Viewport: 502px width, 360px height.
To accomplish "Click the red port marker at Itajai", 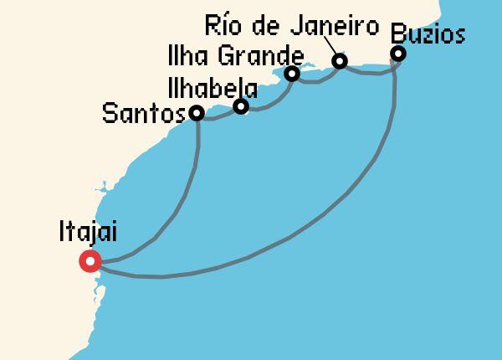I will tap(90, 261).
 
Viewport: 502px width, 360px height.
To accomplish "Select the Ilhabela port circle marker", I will tap(241, 106).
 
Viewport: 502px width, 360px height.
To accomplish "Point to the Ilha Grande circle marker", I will tap(292, 74).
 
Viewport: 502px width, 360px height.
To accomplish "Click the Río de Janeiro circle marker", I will tap(340, 61).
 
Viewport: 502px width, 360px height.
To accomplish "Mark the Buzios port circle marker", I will tap(398, 54).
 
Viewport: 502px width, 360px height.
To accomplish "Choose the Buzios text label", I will tap(427, 34).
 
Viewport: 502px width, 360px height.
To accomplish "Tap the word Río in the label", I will tap(222, 26).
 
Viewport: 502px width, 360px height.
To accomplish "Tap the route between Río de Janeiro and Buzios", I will tap(368, 73).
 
